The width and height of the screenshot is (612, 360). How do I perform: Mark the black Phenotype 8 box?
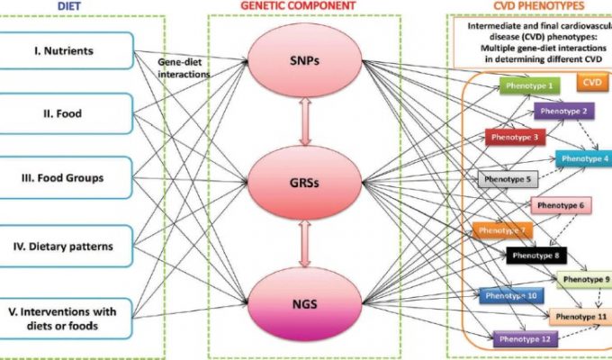(x=537, y=256)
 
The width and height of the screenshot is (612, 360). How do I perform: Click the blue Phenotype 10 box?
(x=510, y=295)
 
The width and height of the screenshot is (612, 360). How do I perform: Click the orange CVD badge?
(x=593, y=82)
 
